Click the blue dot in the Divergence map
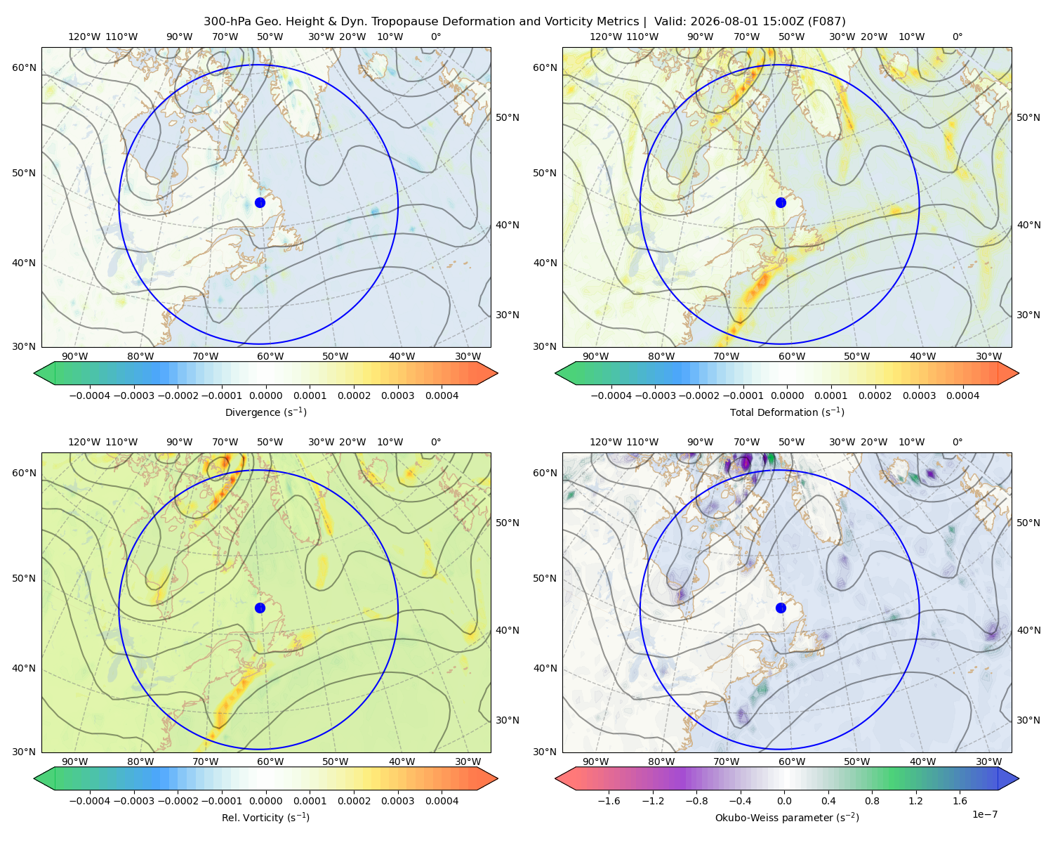point(260,202)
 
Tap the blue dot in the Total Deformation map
point(781,202)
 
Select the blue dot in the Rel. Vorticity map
point(260,608)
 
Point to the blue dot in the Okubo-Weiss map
point(781,608)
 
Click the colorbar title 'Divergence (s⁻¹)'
point(265,412)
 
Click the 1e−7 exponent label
point(984,814)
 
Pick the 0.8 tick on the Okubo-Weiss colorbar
point(872,800)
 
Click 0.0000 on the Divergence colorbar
point(265,396)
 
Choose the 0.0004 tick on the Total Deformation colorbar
point(962,396)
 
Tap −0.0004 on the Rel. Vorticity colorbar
point(90,800)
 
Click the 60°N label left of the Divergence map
point(24,67)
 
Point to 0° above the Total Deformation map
point(957,37)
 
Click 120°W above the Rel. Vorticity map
point(84,441)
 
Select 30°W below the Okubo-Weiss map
point(988,762)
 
